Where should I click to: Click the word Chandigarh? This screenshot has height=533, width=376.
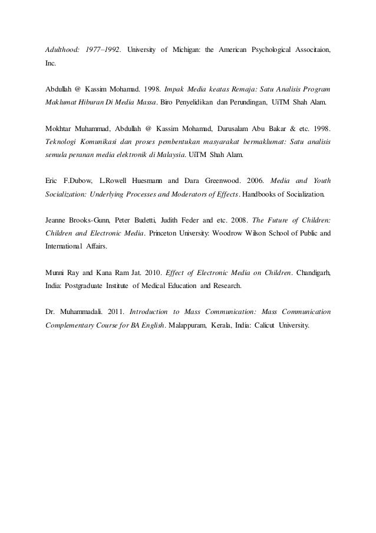click(312, 272)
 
